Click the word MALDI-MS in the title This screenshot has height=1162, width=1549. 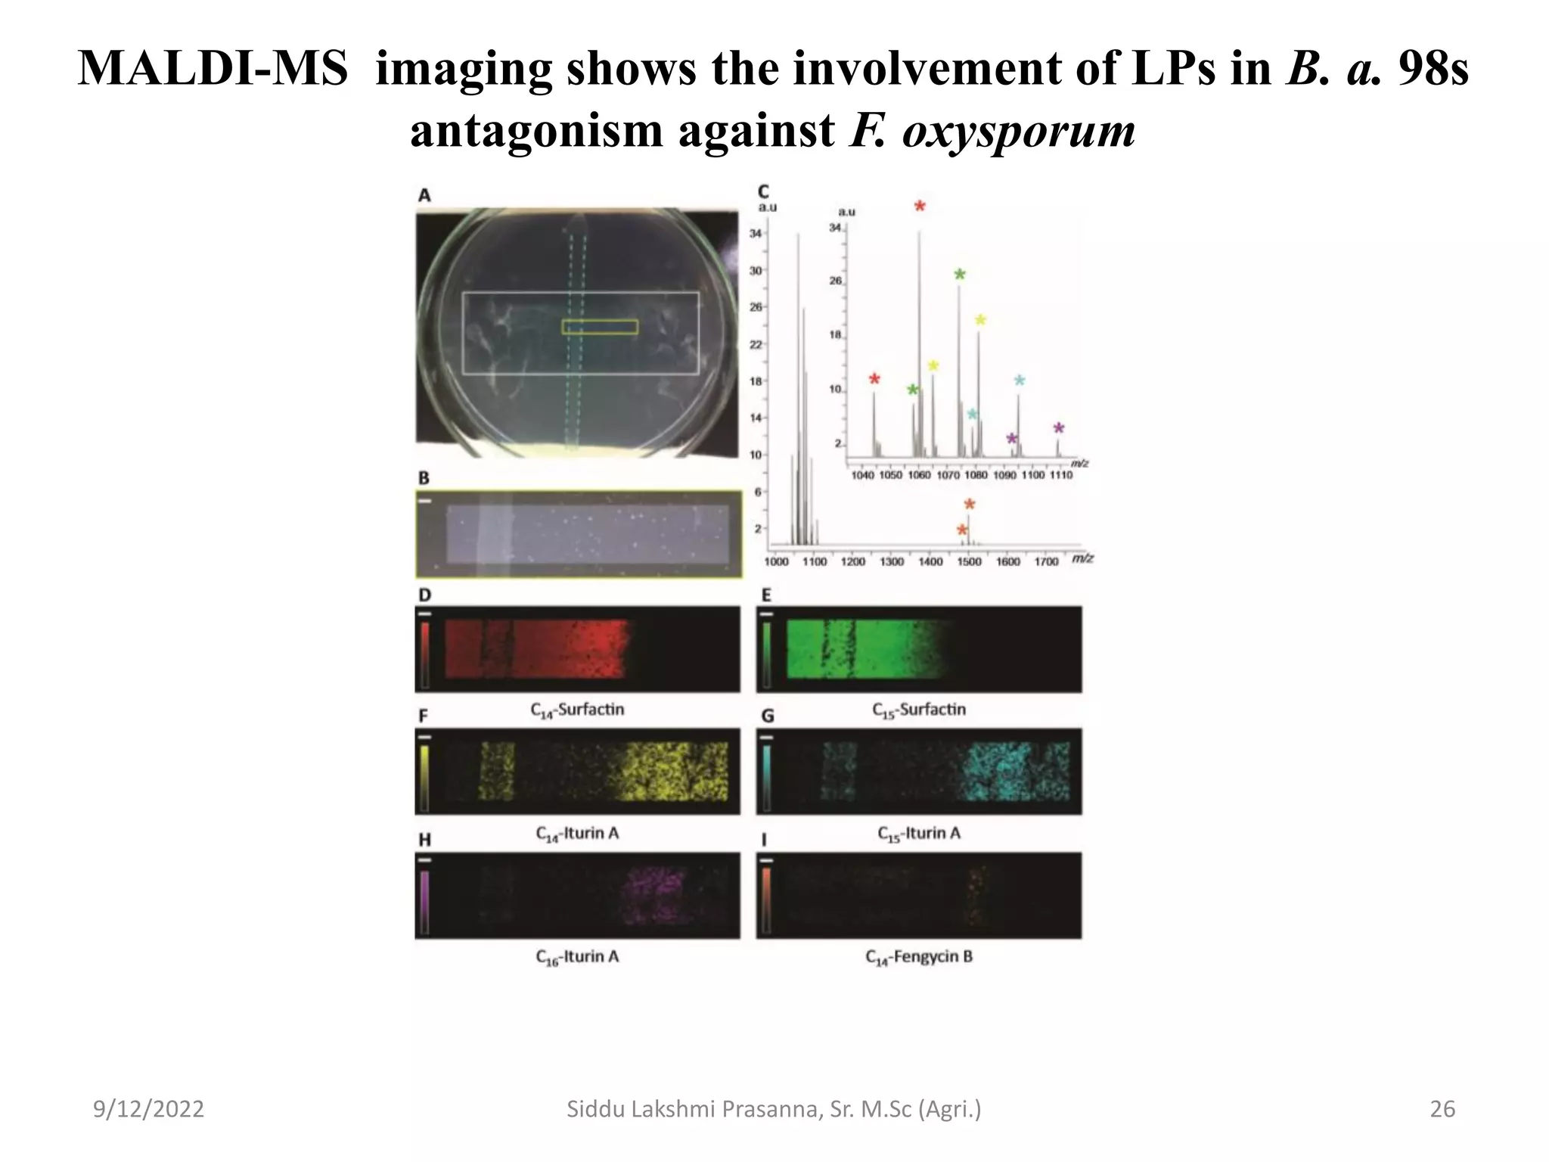(x=213, y=69)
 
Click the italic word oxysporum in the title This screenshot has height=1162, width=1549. (x=1019, y=132)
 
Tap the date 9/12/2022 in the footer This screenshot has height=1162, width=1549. (x=148, y=1109)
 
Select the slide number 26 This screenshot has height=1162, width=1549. (x=1442, y=1109)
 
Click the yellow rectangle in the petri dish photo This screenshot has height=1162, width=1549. (x=600, y=327)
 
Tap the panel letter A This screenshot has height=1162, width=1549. (x=424, y=195)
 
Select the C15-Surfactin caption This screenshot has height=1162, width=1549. (x=919, y=710)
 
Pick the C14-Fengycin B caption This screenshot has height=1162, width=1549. (x=919, y=957)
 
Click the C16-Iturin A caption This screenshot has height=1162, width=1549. (x=578, y=957)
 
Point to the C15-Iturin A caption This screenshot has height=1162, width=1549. (x=919, y=834)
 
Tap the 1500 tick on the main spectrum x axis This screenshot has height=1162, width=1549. (x=969, y=562)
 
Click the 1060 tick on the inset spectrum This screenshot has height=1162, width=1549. (x=919, y=475)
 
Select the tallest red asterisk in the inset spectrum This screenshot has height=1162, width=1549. (x=920, y=207)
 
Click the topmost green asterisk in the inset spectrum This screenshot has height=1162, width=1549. (x=959, y=275)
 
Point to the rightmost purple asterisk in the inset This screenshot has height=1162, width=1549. (x=1059, y=429)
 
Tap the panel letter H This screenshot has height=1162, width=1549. (x=424, y=840)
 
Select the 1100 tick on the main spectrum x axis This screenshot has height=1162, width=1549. (x=814, y=562)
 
